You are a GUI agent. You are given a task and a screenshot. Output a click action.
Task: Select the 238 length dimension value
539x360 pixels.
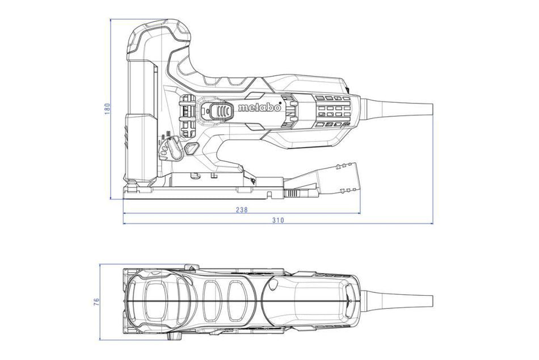tap(241, 210)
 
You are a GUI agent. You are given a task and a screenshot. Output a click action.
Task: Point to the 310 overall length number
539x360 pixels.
tap(277, 220)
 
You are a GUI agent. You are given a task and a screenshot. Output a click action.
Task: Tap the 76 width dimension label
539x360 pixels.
tap(96, 299)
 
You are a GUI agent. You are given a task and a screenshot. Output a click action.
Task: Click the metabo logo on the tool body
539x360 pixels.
tap(259, 108)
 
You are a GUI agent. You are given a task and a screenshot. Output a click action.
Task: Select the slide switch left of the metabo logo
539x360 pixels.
tap(218, 111)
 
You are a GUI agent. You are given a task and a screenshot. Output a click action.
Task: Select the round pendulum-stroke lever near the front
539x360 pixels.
tap(166, 148)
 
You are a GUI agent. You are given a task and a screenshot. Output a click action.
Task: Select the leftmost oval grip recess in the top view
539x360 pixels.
tap(155, 299)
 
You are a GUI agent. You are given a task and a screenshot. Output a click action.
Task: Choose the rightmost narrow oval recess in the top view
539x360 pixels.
tap(237, 298)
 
